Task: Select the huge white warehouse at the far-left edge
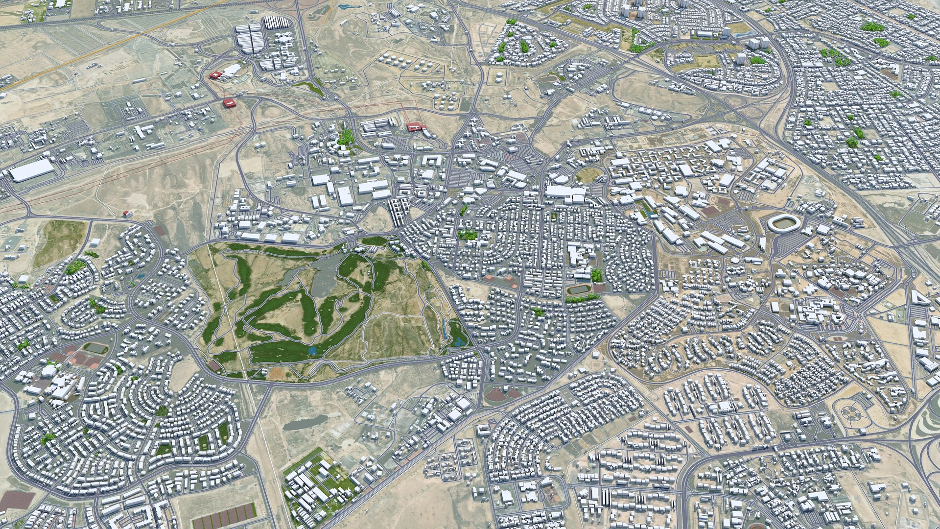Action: (x=32, y=169)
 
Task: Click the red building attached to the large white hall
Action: (x=216, y=75)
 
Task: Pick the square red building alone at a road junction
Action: (x=228, y=102)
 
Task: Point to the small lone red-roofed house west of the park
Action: (x=128, y=214)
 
